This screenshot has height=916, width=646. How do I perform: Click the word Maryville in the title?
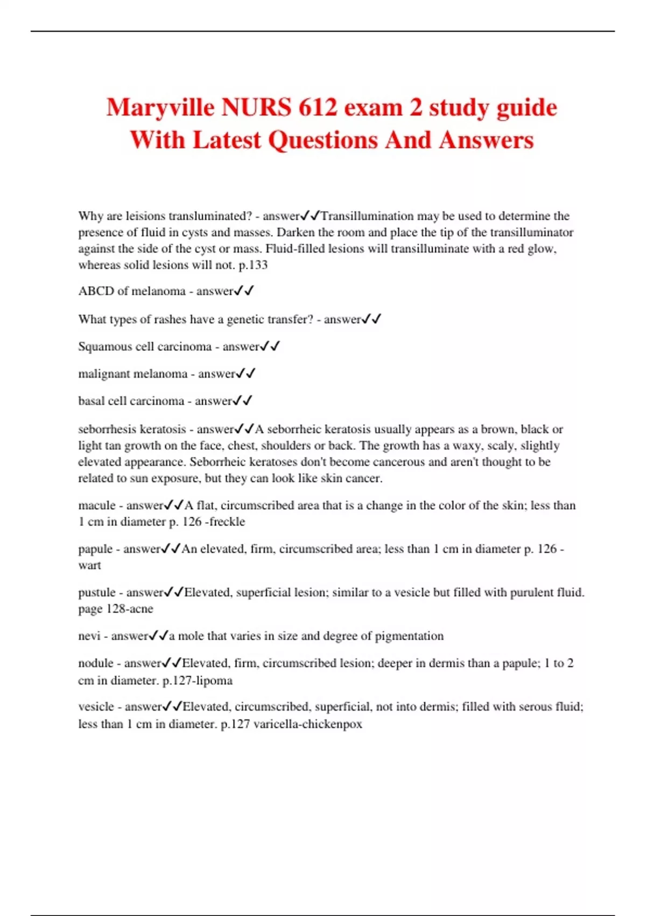[160, 108]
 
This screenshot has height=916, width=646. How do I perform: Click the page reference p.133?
[253, 265]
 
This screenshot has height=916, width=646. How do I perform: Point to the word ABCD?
[96, 291]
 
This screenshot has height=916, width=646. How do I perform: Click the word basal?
[91, 401]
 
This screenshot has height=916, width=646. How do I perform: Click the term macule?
[97, 505]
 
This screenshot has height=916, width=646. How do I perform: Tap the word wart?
[89, 565]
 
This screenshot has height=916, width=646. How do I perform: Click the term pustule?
[97, 593]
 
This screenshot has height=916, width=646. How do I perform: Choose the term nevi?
[89, 636]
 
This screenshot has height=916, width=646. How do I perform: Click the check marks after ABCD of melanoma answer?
[244, 291]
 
